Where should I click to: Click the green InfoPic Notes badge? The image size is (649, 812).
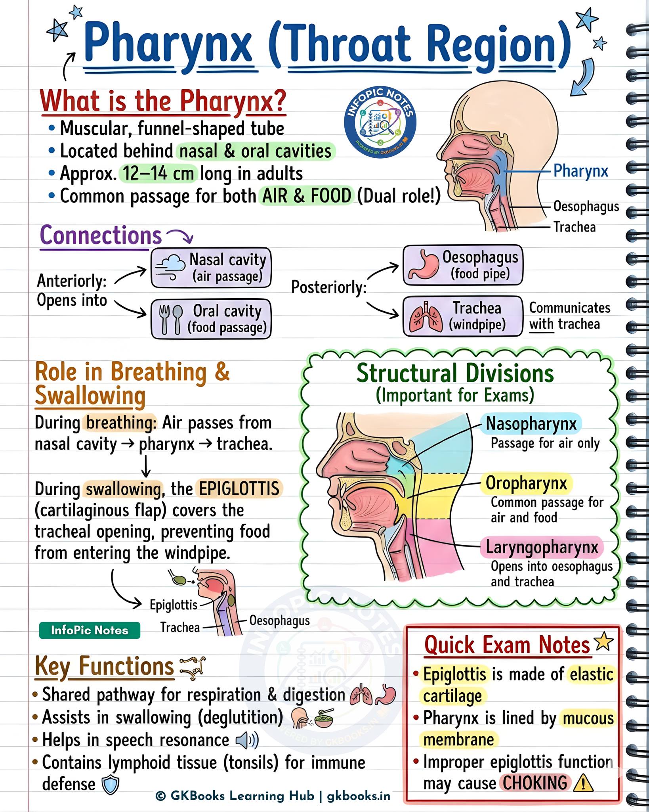tap(90, 630)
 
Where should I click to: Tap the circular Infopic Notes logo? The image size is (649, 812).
tap(380, 123)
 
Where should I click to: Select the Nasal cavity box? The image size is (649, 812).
tap(211, 268)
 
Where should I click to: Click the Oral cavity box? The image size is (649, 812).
tap(211, 319)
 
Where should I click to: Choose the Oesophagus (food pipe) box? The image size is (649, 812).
tap(463, 265)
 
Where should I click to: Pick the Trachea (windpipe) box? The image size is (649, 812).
tap(463, 316)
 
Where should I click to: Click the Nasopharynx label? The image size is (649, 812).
tap(531, 423)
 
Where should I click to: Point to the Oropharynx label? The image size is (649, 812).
tap(527, 483)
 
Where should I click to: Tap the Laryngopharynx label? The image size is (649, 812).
tap(542, 547)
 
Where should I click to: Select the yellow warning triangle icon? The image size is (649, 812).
tap(583, 783)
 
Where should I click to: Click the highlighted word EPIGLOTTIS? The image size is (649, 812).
tap(239, 488)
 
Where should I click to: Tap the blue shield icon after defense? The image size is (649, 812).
tap(111, 785)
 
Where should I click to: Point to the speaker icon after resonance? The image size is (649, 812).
tap(247, 740)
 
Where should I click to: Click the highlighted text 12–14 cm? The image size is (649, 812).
tap(158, 173)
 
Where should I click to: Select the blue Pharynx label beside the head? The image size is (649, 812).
tap(580, 171)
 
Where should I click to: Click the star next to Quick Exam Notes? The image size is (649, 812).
tap(604, 642)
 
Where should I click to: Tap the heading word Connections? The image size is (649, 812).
tap(101, 235)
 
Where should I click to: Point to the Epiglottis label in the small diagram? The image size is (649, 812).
tap(174, 605)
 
